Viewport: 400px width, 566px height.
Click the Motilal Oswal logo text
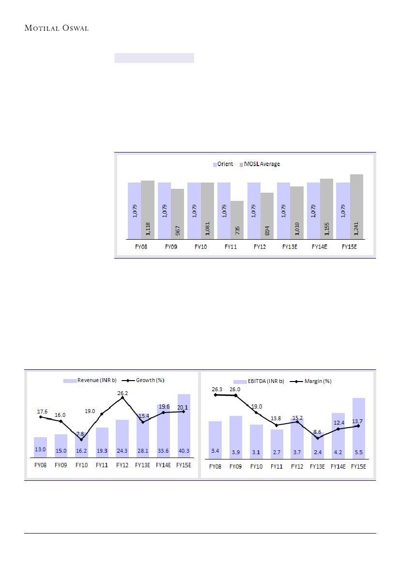point(56,28)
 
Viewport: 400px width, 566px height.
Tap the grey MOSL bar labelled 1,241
point(357,207)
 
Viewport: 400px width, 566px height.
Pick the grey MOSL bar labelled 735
point(237,220)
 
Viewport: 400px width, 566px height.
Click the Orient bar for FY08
point(134,211)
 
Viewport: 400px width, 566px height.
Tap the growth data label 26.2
point(123,394)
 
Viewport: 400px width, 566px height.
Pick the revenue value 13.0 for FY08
point(40,450)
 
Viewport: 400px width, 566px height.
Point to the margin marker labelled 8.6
point(318,438)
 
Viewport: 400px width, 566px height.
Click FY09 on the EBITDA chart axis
point(236,467)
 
